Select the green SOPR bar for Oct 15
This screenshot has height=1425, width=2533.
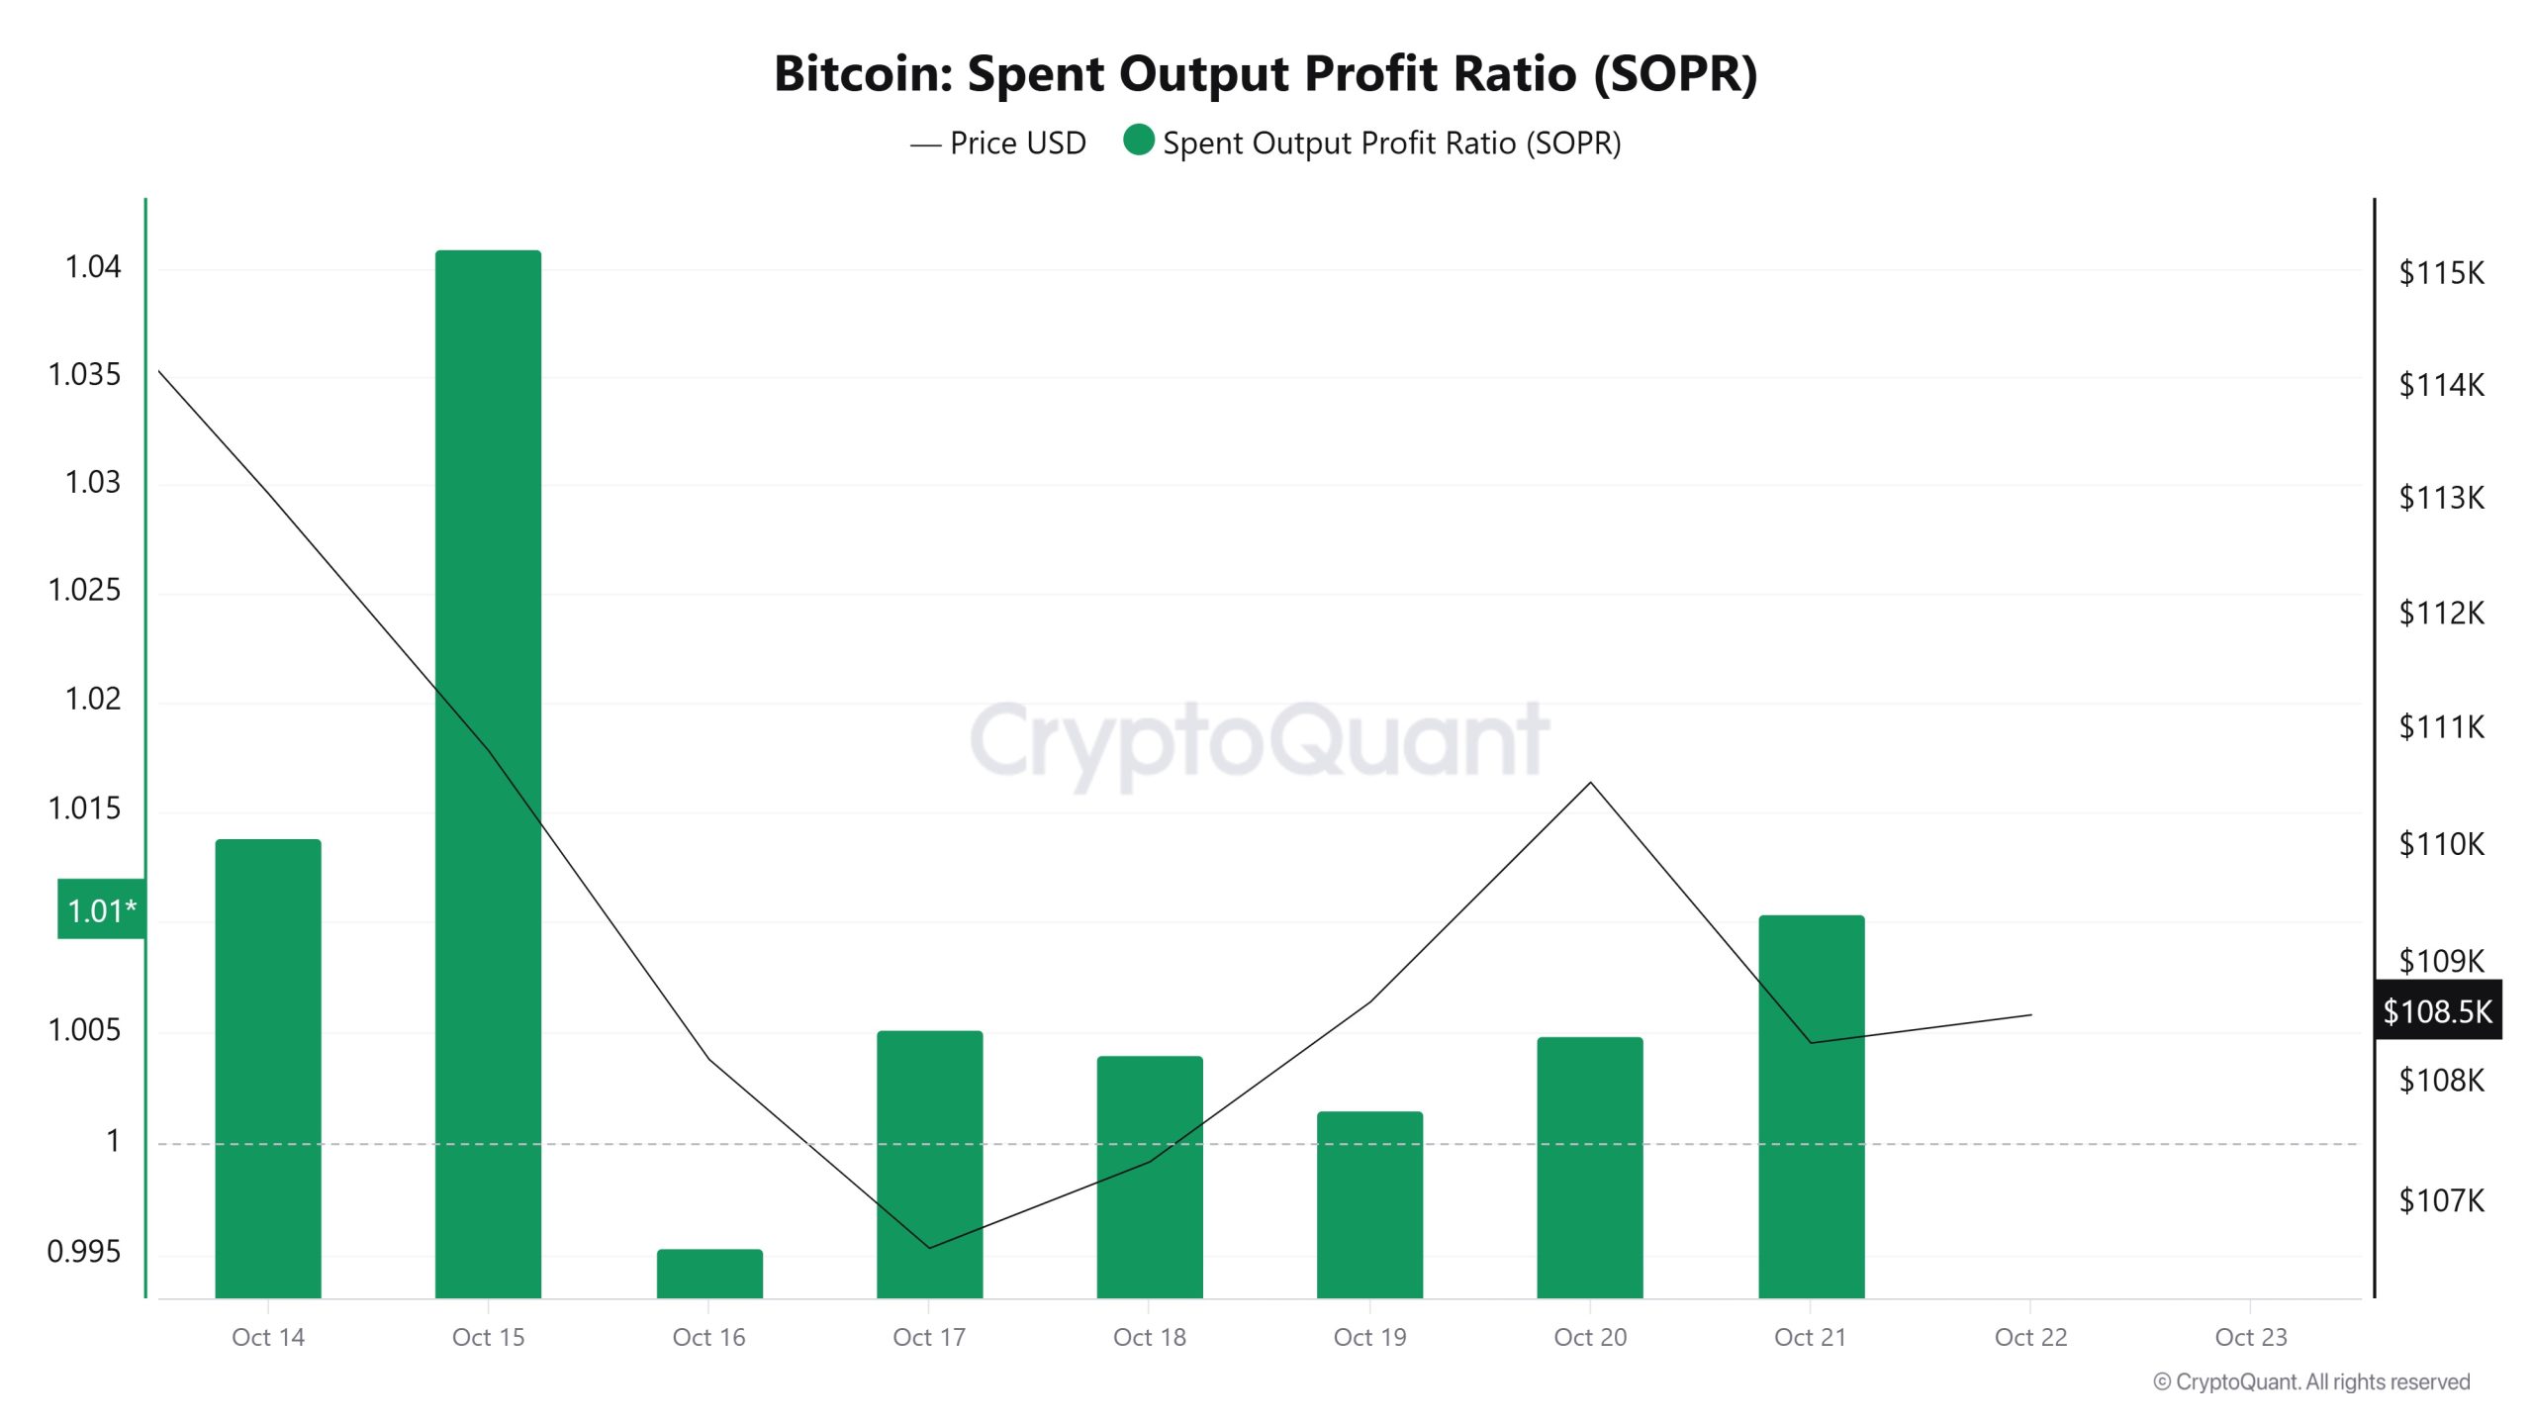coord(488,772)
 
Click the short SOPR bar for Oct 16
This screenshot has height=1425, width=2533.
coord(709,1274)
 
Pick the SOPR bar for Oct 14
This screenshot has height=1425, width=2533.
coord(268,1069)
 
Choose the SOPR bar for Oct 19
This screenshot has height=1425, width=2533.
coord(1369,1204)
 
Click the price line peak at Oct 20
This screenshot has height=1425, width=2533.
coord(1590,783)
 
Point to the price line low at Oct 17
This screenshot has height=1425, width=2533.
coord(929,1248)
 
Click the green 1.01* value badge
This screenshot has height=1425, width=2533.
coord(101,909)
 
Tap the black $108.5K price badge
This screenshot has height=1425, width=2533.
coord(2437,1010)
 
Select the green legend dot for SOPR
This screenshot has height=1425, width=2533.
coord(1139,141)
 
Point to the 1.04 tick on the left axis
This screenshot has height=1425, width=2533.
coord(92,267)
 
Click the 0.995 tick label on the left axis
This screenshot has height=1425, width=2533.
coord(84,1252)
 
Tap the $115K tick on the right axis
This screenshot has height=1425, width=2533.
coord(2440,272)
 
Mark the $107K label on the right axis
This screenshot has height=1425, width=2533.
coord(2440,1200)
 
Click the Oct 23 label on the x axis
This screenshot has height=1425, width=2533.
coord(2250,1337)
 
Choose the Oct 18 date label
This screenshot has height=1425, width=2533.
coord(1149,1337)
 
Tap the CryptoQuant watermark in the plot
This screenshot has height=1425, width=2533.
coord(1259,740)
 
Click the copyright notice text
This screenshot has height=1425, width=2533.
coord(2311,1381)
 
